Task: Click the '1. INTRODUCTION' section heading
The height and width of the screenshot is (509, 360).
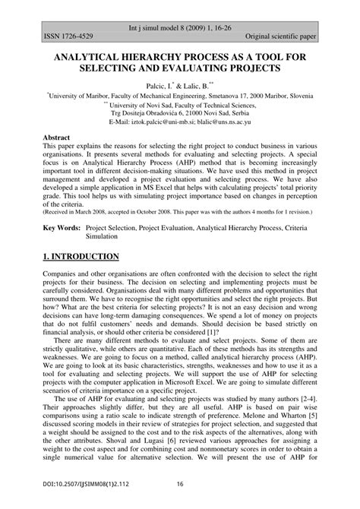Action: (81, 256)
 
